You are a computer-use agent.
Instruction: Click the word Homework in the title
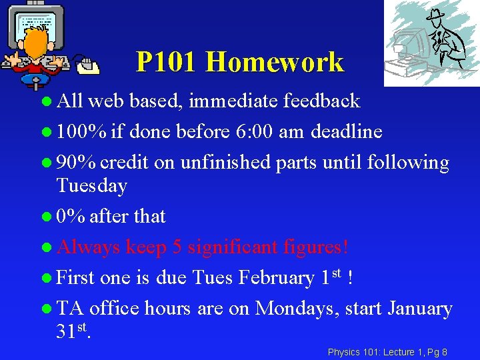click(275, 63)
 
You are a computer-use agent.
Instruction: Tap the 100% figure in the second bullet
click(81, 131)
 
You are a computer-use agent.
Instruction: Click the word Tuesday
click(91, 185)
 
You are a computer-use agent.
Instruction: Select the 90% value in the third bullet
click(76, 162)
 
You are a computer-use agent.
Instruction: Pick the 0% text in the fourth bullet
click(71, 216)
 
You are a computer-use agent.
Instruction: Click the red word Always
click(89, 247)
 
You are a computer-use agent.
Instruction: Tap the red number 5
click(177, 247)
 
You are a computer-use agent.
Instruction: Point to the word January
click(420, 309)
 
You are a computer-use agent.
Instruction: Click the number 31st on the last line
click(73, 331)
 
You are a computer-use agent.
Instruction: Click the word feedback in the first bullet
click(321, 101)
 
